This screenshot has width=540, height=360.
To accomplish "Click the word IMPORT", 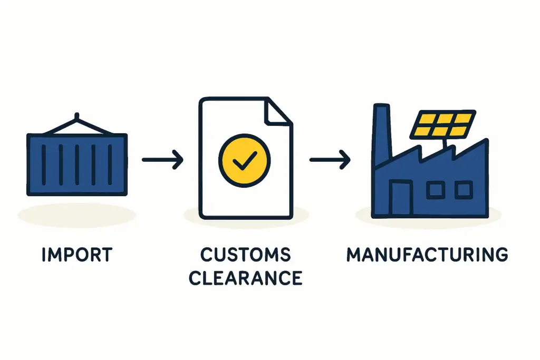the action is click(x=77, y=255).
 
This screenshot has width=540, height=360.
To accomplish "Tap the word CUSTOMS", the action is click(x=246, y=255).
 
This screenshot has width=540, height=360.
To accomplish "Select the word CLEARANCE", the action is click(x=246, y=278).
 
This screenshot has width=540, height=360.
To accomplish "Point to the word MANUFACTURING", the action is click(x=427, y=255).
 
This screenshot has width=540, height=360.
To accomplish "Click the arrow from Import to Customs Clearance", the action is click(x=162, y=160).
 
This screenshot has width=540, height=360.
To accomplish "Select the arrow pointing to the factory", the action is click(x=330, y=160).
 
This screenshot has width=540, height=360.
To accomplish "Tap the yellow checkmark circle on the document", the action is click(x=245, y=160).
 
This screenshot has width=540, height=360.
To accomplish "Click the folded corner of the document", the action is click(x=278, y=111).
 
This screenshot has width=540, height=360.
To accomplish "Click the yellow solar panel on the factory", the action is click(x=443, y=124).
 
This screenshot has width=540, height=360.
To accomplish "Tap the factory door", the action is click(x=401, y=198).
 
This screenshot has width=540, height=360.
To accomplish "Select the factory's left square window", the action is click(x=436, y=190).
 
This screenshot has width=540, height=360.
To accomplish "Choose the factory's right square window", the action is click(x=464, y=190).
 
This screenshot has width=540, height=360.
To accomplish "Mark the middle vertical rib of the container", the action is click(x=77, y=164).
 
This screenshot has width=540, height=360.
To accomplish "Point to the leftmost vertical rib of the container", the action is click(x=44, y=164).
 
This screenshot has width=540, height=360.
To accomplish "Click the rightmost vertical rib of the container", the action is click(x=110, y=164).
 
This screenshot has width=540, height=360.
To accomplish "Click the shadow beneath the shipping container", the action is click(x=77, y=215).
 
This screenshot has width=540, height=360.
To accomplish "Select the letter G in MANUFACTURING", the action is click(x=501, y=255).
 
